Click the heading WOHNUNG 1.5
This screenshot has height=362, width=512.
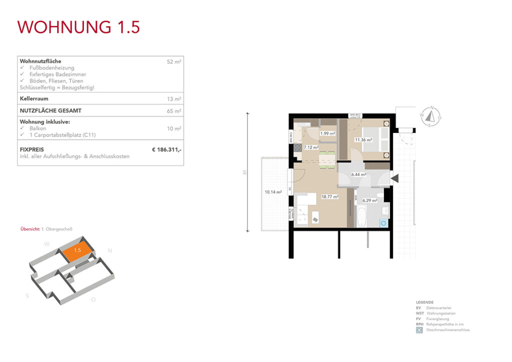pyautogui.click(x=78, y=26)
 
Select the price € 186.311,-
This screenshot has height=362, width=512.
pyautogui.click(x=166, y=149)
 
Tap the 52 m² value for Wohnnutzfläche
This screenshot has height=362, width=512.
pyautogui.click(x=174, y=61)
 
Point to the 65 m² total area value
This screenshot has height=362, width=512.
pyautogui.click(x=174, y=111)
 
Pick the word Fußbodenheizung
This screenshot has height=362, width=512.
pyautogui.click(x=51, y=67)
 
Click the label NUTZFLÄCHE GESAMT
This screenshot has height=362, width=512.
pyautogui.click(x=50, y=111)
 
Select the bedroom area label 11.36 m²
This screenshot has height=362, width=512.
pyautogui.click(x=363, y=140)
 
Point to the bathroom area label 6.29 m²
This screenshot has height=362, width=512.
pyautogui.click(x=370, y=200)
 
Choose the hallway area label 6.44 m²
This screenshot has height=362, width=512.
pyautogui.click(x=358, y=174)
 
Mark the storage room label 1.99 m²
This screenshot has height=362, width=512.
pyautogui.click(x=327, y=133)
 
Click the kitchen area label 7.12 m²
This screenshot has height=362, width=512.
pyautogui.click(x=311, y=147)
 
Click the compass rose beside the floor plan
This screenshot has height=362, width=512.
pyautogui.click(x=430, y=116)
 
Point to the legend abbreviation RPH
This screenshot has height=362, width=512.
pyautogui.click(x=419, y=324)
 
